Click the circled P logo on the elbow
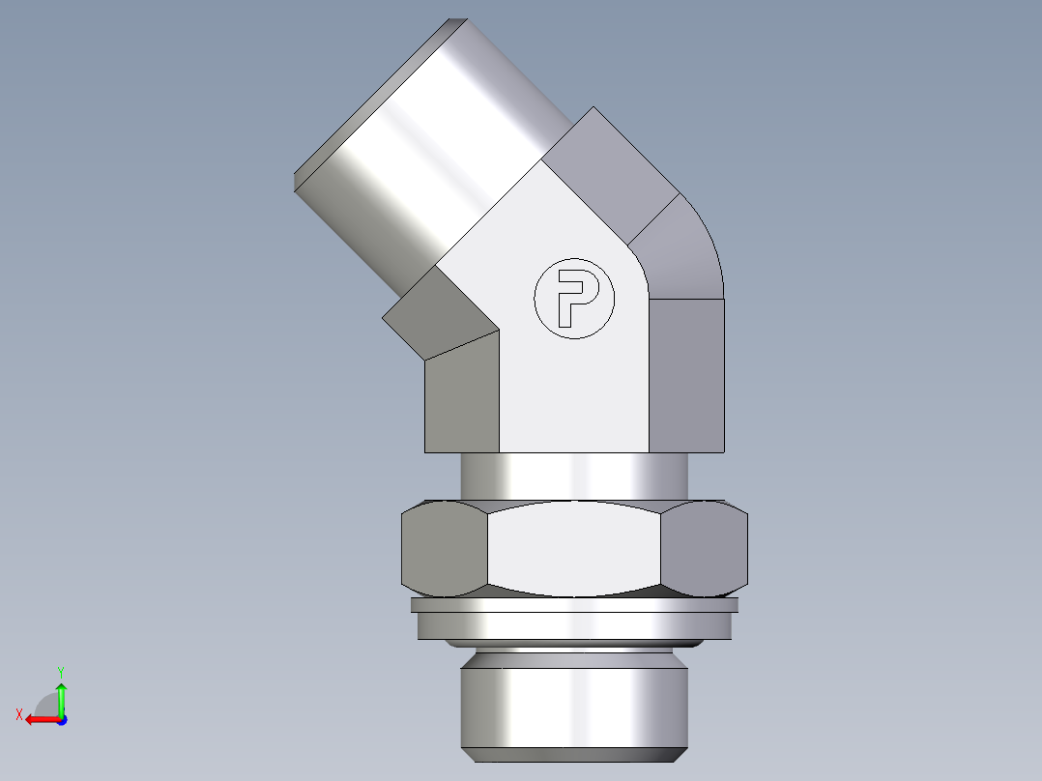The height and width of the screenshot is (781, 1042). click(573, 298)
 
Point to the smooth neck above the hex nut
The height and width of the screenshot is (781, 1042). click(574, 476)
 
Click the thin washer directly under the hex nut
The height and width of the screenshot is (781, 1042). click(574, 605)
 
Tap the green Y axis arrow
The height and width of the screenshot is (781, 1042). click(61, 694)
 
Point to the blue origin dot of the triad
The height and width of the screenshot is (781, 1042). click(61, 719)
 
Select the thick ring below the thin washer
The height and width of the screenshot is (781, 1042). click(574, 626)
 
